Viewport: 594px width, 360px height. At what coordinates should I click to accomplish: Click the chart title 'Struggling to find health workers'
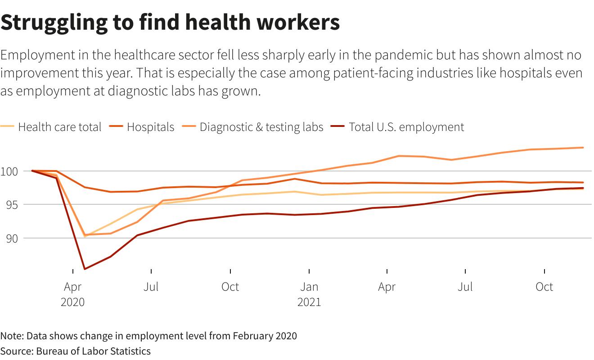(x=170, y=22)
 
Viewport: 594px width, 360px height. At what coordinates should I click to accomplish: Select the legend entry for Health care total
(x=59, y=127)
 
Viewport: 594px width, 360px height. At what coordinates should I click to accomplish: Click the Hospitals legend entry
(x=150, y=127)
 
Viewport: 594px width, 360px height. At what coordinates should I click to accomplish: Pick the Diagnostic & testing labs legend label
(x=261, y=127)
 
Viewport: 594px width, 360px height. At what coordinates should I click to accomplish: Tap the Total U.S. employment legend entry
(x=406, y=127)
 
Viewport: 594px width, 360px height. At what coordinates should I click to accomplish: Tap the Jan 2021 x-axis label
(x=309, y=294)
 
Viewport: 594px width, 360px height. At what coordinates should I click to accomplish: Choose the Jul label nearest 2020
(x=151, y=287)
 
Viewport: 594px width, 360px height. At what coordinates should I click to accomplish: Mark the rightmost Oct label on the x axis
(x=544, y=287)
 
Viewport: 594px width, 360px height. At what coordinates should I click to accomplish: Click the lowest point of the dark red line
(x=84, y=269)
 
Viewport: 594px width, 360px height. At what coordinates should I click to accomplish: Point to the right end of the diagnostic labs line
(x=583, y=148)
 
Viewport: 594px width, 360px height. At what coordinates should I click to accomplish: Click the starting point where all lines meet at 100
(x=32, y=171)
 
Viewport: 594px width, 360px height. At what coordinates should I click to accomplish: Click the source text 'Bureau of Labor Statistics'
(x=94, y=351)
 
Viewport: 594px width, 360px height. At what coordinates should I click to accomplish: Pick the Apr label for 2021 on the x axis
(x=387, y=287)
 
